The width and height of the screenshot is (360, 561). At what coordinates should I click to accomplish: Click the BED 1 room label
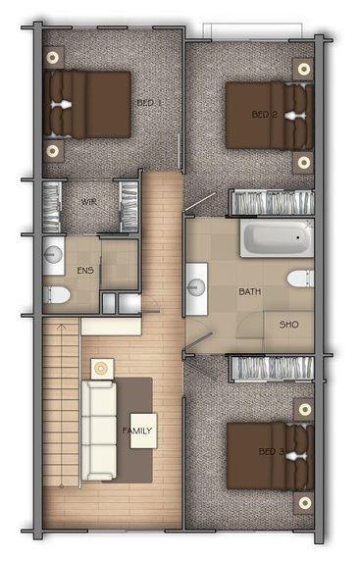149,103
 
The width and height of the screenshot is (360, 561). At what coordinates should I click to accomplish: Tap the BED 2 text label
265,115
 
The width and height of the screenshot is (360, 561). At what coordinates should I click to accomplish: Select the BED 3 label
272,451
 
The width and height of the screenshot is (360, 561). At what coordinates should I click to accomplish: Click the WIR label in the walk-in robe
88,202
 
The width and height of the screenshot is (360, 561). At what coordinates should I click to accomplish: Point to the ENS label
85,270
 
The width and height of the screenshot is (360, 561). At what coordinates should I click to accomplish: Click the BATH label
250,292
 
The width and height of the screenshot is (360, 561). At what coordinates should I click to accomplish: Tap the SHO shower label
288,325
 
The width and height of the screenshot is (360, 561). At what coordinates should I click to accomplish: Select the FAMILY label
137,431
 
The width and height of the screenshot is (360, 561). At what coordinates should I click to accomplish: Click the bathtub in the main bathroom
277,238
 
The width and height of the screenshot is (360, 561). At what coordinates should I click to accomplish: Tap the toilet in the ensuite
57,295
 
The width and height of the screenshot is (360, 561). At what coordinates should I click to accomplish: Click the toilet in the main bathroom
300,279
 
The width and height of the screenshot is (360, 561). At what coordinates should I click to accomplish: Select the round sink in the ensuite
53,255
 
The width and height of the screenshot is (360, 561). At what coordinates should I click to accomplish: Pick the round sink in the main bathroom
196,287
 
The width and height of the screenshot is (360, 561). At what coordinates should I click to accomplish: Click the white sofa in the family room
99,431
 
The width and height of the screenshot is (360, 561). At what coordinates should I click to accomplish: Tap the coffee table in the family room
143,431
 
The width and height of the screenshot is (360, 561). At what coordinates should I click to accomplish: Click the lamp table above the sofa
102,369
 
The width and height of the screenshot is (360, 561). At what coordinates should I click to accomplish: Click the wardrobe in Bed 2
272,203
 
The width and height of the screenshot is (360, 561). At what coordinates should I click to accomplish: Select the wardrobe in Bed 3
272,368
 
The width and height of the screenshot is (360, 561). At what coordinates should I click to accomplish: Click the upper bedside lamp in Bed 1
53,58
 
